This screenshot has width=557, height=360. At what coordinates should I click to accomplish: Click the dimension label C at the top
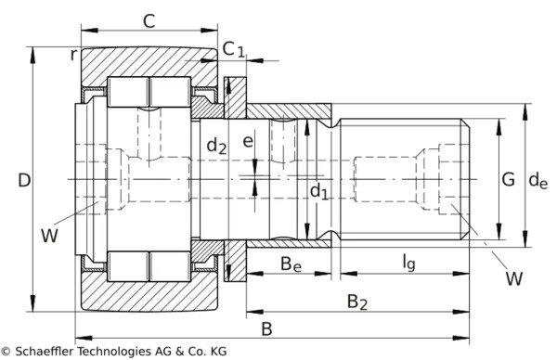coord(149,21)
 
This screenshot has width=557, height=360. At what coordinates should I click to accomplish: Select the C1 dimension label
coord(234,49)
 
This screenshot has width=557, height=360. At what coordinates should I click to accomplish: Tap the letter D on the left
coord(24,180)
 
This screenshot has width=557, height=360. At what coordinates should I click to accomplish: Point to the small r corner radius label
coord(73,55)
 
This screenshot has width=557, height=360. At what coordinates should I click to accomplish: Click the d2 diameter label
coord(216,145)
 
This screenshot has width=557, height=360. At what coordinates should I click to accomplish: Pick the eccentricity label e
coord(248,141)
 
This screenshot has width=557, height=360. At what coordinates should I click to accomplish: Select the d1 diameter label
coord(319,191)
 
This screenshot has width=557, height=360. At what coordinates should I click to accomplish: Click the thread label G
coord(509,179)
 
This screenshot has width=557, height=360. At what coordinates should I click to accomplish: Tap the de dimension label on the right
coord(538,180)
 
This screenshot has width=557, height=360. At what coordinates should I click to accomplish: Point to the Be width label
coord(291,264)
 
